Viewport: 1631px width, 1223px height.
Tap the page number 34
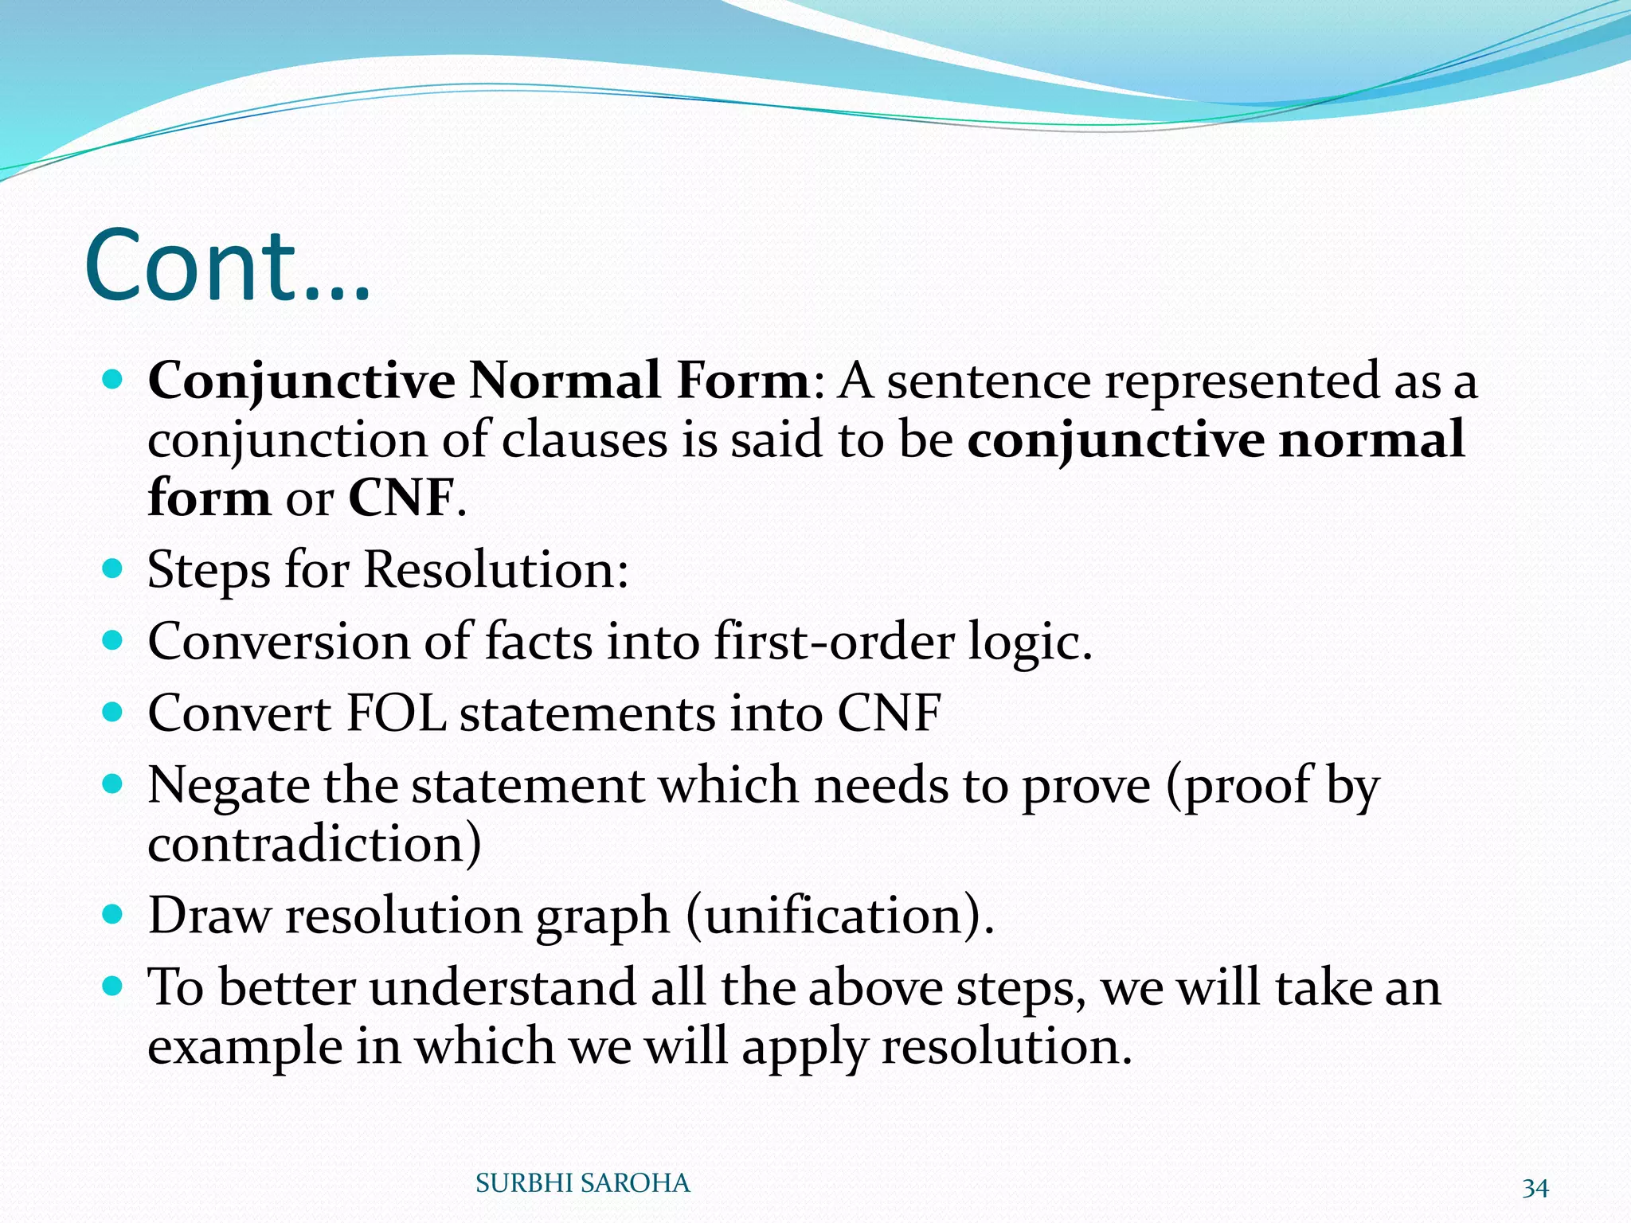click(1535, 1188)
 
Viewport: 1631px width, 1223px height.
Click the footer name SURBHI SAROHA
click(582, 1183)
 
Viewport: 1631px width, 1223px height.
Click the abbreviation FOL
click(395, 713)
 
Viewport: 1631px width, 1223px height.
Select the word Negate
click(228, 786)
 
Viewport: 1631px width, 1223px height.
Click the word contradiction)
click(314, 844)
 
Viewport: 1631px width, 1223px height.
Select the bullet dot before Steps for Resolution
click(113, 569)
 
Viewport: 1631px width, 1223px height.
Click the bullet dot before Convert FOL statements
click(113, 711)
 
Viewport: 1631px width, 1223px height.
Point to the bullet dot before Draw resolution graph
click(113, 913)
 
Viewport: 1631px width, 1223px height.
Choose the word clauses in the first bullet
click(585, 440)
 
